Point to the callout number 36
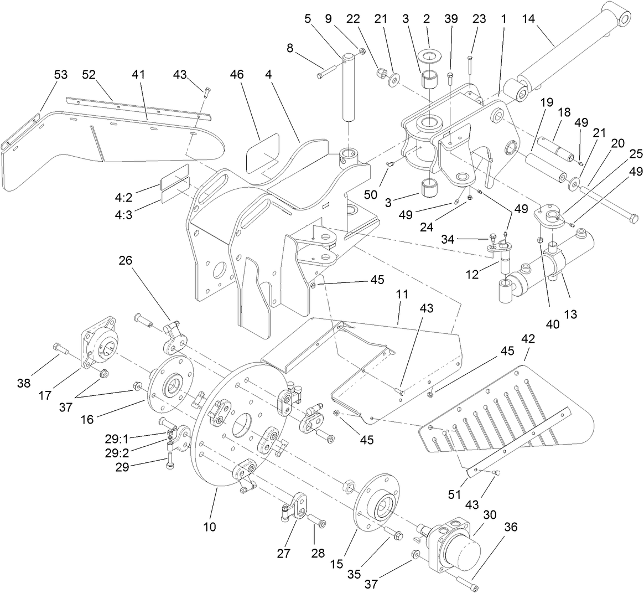510,528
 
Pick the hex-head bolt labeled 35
394,535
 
